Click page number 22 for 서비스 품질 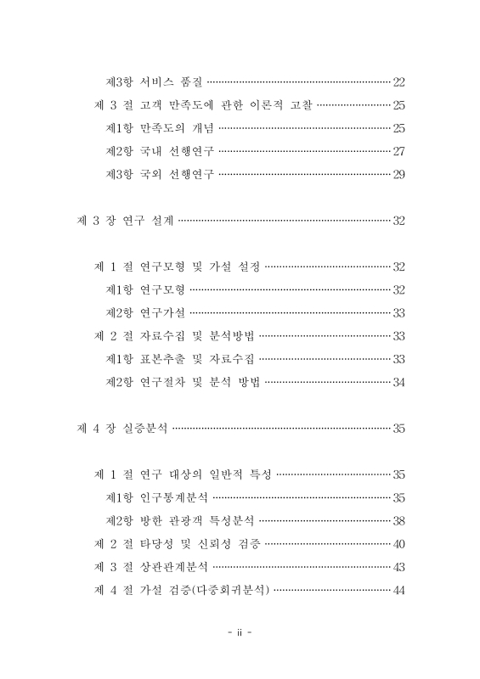coord(398,82)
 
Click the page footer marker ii coord(240,634)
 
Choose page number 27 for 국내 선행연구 coord(398,152)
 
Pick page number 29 coord(398,175)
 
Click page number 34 coord(398,382)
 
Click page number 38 coord(398,519)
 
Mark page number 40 coord(398,542)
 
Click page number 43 coord(398,566)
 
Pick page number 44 coord(398,589)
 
